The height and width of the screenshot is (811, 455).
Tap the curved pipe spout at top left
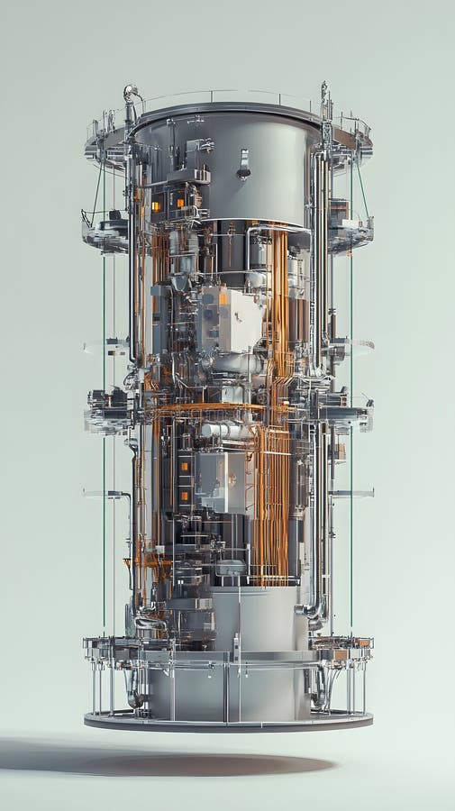pyautogui.click(x=131, y=93)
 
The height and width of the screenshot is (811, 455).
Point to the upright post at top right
pyautogui.click(x=324, y=100)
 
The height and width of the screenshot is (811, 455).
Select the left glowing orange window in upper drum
pyautogui.click(x=156, y=206)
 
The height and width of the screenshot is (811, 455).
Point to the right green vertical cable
pyautogui.click(x=350, y=451)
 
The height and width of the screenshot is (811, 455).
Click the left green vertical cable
pyautogui.click(x=103, y=451)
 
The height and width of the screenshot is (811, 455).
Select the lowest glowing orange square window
pyautogui.click(x=185, y=495)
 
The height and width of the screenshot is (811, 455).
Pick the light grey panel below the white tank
pyautogui.click(x=221, y=478)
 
